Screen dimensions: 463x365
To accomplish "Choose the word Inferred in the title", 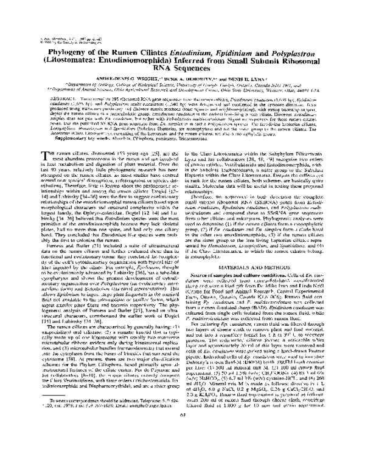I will pyautogui.click(x=205, y=47).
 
